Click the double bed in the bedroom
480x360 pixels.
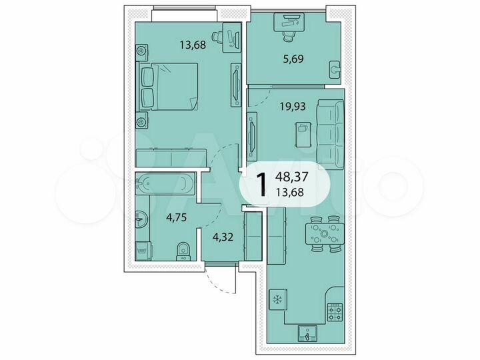173,87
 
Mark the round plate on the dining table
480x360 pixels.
325,234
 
